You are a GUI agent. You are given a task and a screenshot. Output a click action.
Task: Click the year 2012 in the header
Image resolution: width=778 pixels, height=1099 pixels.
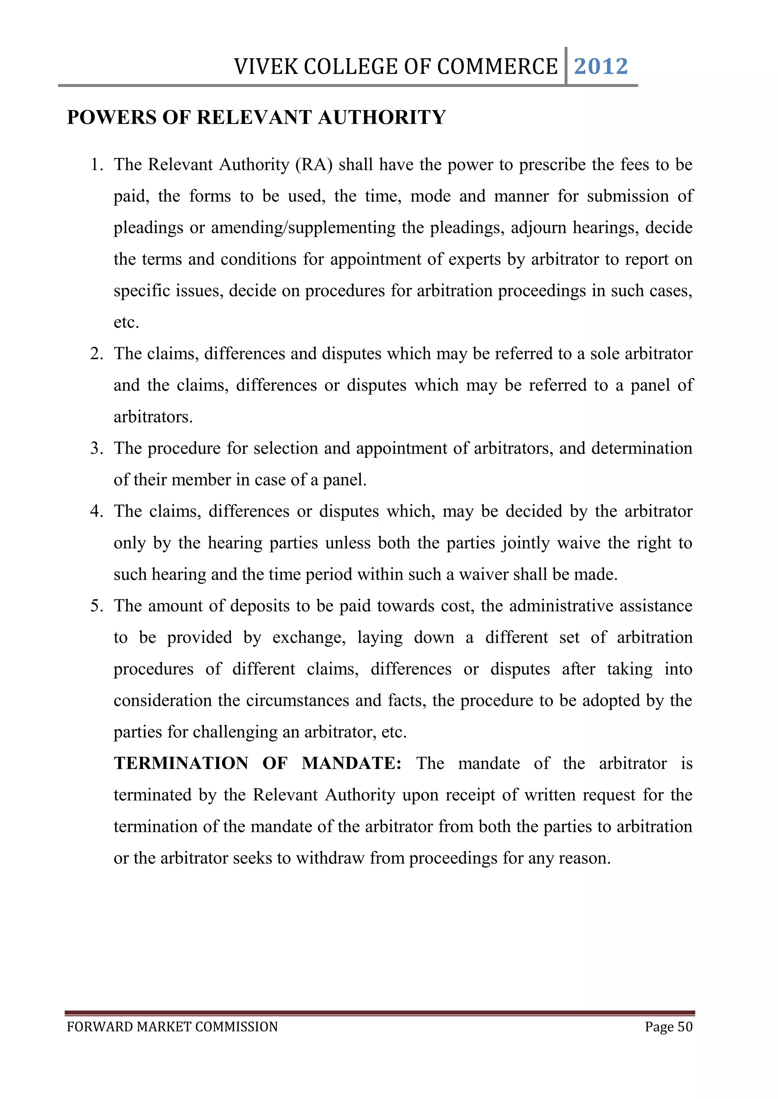tap(600, 66)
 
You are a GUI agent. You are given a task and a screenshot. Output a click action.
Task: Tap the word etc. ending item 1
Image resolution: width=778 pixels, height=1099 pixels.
tap(126, 322)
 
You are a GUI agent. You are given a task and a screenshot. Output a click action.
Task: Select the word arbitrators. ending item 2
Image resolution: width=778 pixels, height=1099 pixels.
tap(153, 417)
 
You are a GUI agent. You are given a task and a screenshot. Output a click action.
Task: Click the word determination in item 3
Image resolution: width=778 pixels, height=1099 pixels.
tap(642, 448)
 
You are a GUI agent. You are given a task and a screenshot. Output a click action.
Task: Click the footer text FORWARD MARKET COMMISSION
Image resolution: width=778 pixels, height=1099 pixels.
tap(172, 1027)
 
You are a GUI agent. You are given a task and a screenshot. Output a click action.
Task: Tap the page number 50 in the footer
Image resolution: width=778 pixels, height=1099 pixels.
tap(685, 1027)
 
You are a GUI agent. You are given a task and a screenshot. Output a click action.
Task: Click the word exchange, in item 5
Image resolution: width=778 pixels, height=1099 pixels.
tap(308, 637)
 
